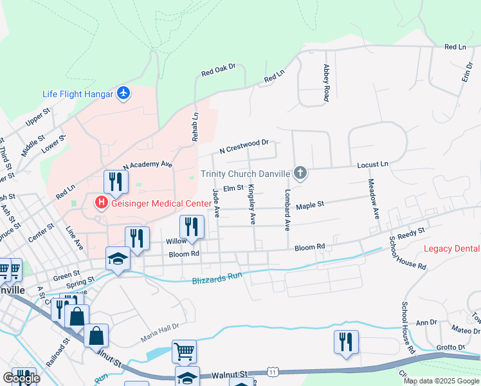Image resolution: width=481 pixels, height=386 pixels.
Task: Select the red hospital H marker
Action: pyautogui.click(x=101, y=203)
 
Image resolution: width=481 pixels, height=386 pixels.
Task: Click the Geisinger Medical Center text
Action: pyautogui.click(x=161, y=203)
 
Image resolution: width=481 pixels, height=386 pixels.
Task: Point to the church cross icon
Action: pyautogui.click(x=299, y=173)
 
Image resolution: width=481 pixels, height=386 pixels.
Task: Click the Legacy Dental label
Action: pyautogui.click(x=452, y=249)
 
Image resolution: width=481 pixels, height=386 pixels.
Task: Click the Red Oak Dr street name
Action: pyautogui.click(x=219, y=69)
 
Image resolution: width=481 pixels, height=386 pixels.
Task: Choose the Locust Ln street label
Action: pyautogui.click(x=374, y=165)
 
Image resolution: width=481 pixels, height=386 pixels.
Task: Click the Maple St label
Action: pyautogui.click(x=310, y=205)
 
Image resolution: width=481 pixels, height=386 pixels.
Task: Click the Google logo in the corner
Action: pyautogui.click(x=21, y=378)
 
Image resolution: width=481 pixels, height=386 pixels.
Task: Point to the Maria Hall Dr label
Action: pyautogui.click(x=159, y=329)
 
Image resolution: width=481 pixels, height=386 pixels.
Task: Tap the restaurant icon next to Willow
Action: pyautogui.click(x=192, y=227)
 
